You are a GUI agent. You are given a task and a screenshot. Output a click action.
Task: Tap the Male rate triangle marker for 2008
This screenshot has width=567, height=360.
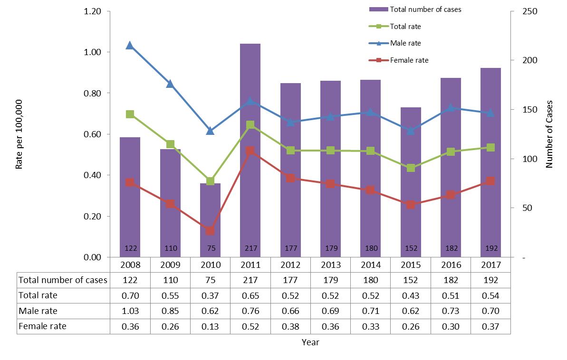click(x=130, y=46)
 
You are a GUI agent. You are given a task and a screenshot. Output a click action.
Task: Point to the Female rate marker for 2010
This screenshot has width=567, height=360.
click(x=210, y=231)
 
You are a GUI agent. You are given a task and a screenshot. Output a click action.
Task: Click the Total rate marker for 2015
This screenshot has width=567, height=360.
click(x=411, y=168)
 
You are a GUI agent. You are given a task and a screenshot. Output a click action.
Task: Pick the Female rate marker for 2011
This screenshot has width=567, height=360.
click(x=250, y=151)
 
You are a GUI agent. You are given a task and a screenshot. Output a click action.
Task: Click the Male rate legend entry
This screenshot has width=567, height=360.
click(x=405, y=43)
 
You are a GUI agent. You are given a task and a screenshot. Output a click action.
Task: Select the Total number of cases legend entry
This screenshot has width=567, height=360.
click(x=425, y=9)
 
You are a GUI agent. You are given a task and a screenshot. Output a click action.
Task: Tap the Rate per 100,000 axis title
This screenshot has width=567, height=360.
click(x=19, y=134)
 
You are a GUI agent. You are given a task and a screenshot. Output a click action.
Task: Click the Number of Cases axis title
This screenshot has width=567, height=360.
click(x=550, y=134)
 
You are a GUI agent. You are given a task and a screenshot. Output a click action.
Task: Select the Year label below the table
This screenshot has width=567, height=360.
click(x=310, y=342)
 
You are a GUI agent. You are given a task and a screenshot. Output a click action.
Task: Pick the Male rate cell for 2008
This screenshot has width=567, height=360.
click(x=130, y=311)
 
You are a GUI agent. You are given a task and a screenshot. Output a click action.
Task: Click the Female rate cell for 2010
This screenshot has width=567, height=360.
click(x=210, y=326)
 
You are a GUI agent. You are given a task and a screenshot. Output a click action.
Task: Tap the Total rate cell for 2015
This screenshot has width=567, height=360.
click(x=411, y=295)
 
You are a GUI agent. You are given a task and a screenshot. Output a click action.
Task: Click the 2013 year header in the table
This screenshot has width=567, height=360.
click(x=330, y=264)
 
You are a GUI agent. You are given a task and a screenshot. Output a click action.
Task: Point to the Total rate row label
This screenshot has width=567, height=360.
click(x=38, y=295)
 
